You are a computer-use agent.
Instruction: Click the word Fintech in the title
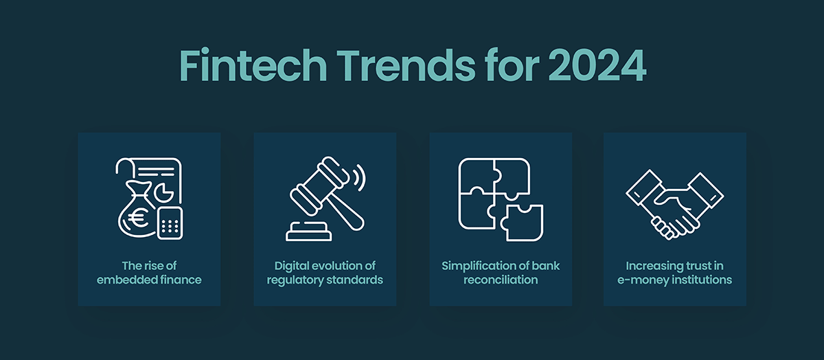[x=253, y=65]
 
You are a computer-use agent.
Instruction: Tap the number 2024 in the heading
[x=597, y=65]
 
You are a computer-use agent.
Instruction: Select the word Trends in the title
[x=406, y=65]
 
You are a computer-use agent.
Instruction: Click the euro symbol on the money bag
[x=136, y=218]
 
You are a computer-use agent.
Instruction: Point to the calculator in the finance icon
[x=170, y=223]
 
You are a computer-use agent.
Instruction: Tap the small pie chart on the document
[x=163, y=192]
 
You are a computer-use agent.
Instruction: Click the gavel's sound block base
[x=308, y=232]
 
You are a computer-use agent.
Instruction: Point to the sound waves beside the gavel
[x=359, y=178]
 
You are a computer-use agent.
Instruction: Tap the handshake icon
[x=674, y=204]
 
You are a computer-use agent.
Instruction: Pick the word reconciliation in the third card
[x=501, y=280]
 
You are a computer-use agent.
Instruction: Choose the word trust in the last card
[x=694, y=266]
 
